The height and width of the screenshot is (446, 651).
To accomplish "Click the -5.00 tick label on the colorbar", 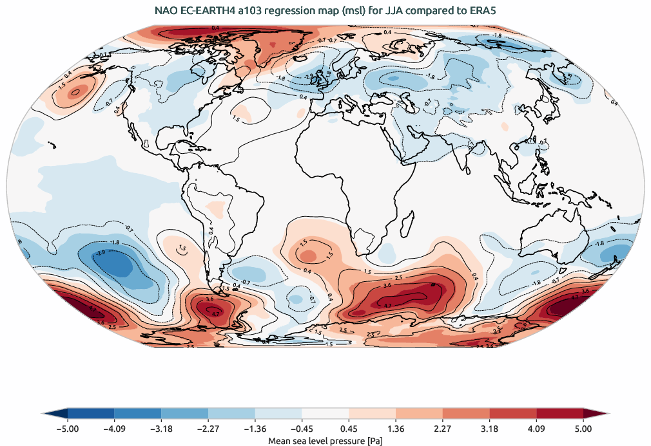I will pyautogui.click(x=68, y=428).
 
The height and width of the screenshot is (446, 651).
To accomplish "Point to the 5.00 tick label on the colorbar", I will pyautogui.click(x=583, y=428).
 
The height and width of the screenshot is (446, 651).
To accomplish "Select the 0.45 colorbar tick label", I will pyautogui.click(x=349, y=428).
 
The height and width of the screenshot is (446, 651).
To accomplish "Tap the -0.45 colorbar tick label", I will pyautogui.click(x=301, y=428).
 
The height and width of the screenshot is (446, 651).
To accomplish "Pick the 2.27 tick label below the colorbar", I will pyautogui.click(x=442, y=428).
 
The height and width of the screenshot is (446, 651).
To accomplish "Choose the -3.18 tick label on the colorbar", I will pyautogui.click(x=161, y=428).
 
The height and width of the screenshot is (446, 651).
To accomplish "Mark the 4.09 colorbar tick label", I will pyautogui.click(x=536, y=428).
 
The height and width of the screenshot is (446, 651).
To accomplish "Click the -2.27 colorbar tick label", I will pyautogui.click(x=208, y=428).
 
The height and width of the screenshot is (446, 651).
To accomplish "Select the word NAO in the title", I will pyautogui.click(x=166, y=11).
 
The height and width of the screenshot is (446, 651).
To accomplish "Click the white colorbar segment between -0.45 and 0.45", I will pyautogui.click(x=325, y=413).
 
